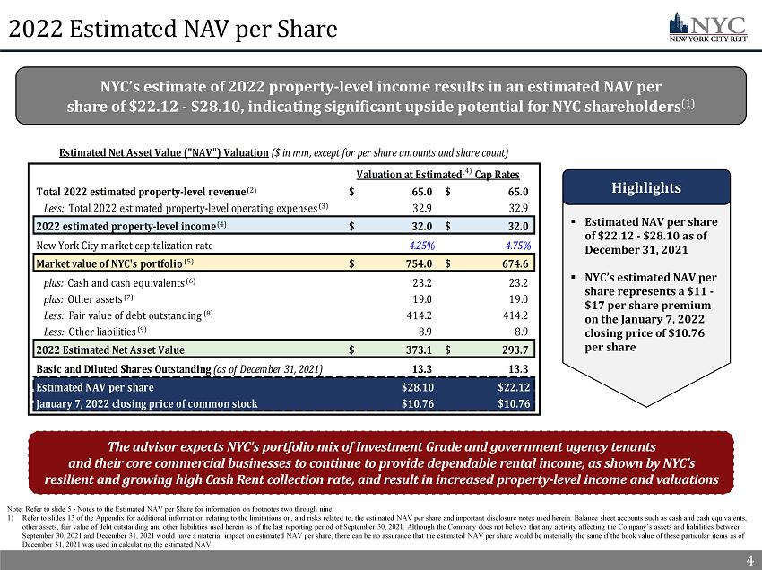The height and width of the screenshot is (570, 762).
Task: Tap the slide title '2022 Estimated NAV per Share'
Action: click(169, 30)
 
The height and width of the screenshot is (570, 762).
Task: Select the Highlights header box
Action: click(645, 189)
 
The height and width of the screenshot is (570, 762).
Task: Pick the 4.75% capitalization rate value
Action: click(515, 245)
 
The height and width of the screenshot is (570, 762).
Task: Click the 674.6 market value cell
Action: click(514, 263)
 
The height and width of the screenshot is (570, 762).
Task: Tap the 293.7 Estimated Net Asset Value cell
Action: click(514, 350)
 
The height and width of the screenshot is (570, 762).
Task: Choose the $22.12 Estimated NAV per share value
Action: click(514, 388)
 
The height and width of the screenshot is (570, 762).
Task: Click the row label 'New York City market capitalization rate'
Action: click(125, 245)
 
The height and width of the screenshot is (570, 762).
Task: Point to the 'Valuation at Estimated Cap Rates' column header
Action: click(438, 174)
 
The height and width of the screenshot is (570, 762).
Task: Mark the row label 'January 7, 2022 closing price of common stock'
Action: click(147, 403)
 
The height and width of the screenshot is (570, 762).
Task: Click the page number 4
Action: click(748, 560)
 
